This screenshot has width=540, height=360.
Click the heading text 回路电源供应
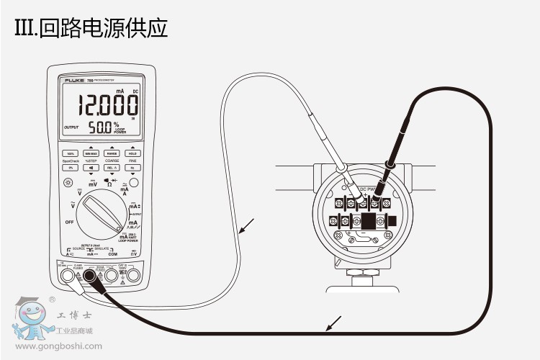105,30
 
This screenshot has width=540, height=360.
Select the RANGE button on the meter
112,153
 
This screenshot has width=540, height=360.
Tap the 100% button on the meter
71,153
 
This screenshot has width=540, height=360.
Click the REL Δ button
112,167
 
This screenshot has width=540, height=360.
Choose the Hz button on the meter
132,167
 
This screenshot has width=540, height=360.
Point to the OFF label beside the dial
69,222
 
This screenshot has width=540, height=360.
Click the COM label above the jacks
113,254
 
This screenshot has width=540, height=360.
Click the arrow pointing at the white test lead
246,228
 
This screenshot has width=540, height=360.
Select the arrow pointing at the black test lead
332,324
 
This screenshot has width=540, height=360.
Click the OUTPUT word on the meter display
71,127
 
